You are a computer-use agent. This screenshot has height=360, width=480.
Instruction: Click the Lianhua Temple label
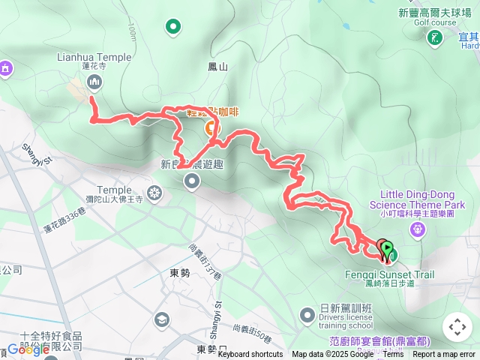(x=94, y=57)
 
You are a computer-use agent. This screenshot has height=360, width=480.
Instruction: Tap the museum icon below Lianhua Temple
(x=94, y=82)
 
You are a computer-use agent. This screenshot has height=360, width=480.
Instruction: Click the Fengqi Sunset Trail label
(x=389, y=274)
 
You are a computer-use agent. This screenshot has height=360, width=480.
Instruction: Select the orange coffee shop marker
(x=211, y=129)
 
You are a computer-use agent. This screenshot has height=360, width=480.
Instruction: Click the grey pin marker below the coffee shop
(x=193, y=181)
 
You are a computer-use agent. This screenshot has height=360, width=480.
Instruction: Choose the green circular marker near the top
(x=173, y=28)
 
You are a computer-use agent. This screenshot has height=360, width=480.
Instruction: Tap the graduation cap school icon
(x=161, y=320)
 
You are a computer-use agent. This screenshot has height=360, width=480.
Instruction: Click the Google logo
(x=28, y=349)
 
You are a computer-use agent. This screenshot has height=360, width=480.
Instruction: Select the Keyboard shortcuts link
(x=250, y=355)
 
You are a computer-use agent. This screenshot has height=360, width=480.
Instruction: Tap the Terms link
(x=393, y=355)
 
